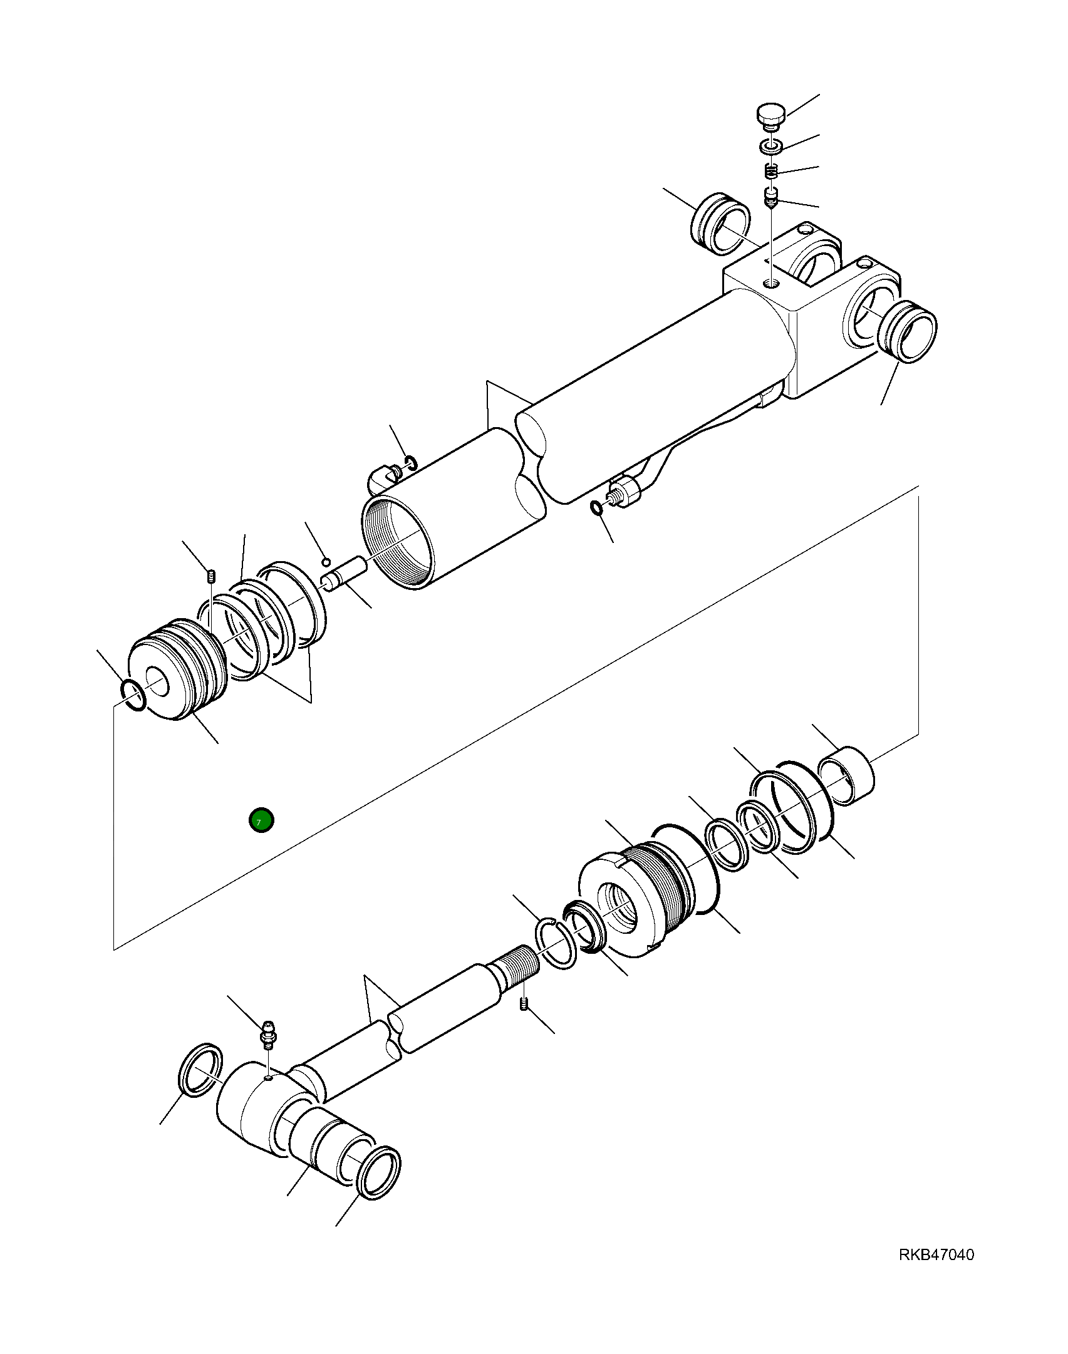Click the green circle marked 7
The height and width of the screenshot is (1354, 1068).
pyautogui.click(x=261, y=820)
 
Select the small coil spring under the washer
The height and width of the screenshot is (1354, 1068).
pyautogui.click(x=772, y=170)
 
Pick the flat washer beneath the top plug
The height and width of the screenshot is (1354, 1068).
pyautogui.click(x=771, y=147)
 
